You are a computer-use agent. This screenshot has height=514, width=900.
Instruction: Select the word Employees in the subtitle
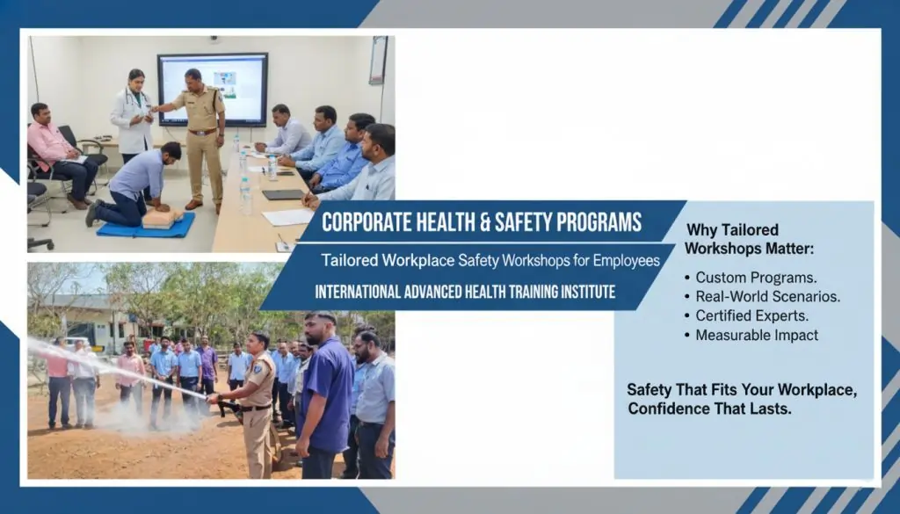click(x=621, y=260)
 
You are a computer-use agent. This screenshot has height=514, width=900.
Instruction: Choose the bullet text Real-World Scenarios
click(x=767, y=296)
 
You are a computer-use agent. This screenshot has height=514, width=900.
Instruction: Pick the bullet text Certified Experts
click(x=751, y=315)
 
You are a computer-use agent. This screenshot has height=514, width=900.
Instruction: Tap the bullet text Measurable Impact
click(x=756, y=335)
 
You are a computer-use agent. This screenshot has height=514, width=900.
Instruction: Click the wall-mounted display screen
click(x=212, y=90)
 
